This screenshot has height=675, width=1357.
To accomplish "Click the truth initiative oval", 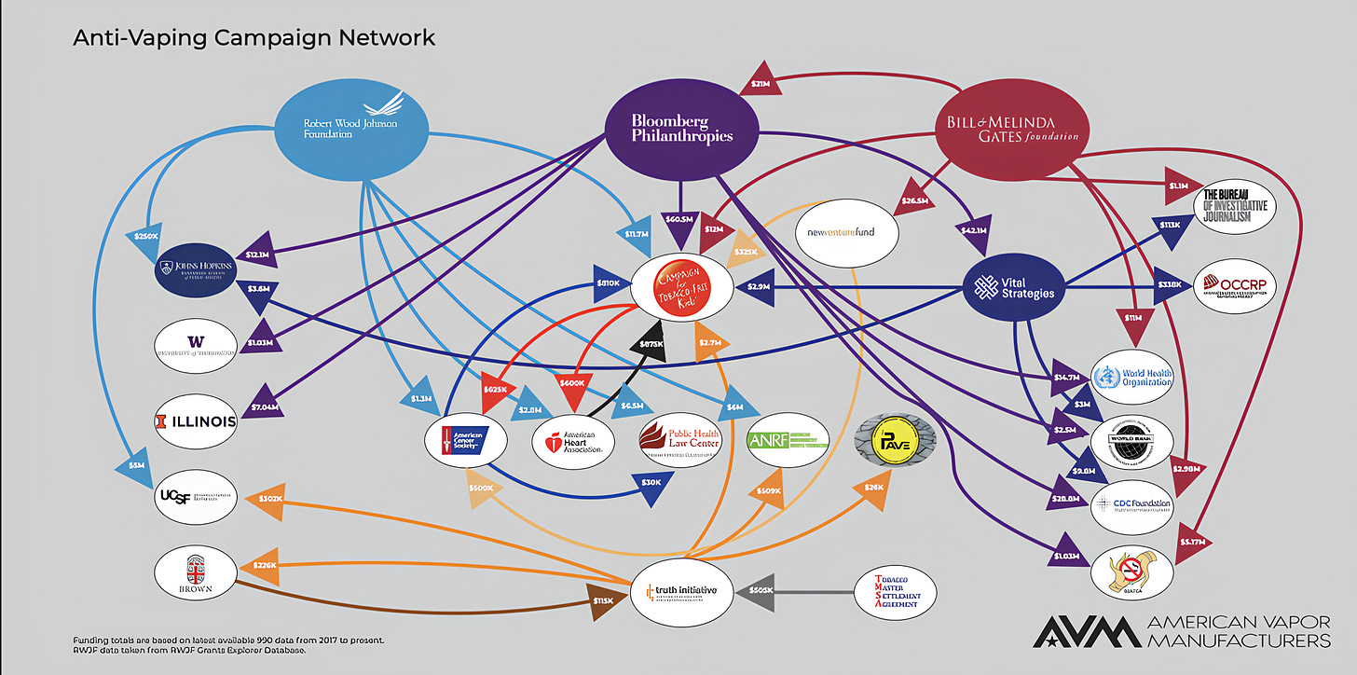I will [681, 590].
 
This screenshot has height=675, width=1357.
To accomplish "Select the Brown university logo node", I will [195, 572].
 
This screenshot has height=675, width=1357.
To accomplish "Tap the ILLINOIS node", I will [196, 421].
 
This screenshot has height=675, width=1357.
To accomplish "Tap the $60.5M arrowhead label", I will [678, 220].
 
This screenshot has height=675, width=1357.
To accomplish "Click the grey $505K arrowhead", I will [761, 590].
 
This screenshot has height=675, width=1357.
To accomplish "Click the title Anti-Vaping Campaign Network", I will [254, 38].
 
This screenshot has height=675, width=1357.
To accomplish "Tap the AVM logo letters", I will [1086, 631].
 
